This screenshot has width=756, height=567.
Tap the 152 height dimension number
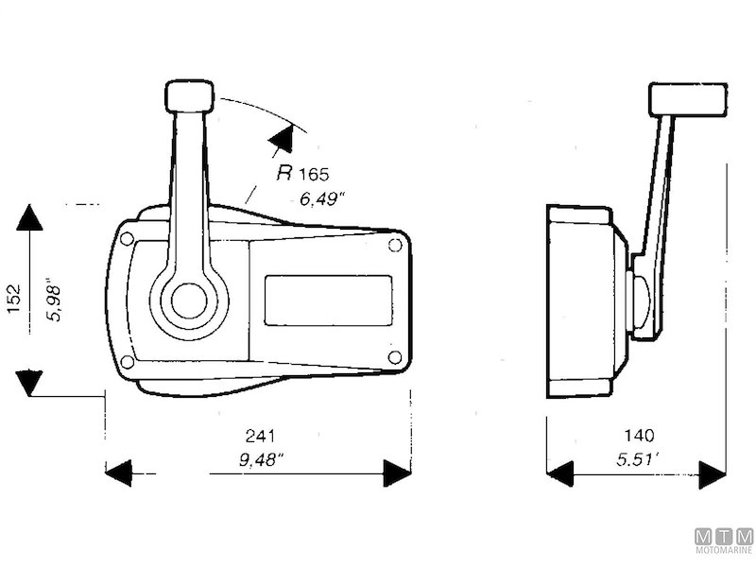pyautogui.click(x=14, y=301)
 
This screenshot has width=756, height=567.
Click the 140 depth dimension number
pyautogui.click(x=639, y=436)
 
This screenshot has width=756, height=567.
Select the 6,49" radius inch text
pyautogui.click(x=322, y=198)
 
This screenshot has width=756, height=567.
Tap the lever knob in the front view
pyautogui.click(x=190, y=95)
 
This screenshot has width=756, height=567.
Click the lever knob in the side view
pyautogui.click(x=687, y=98)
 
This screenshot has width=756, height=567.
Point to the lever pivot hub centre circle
pyautogui.click(x=189, y=301)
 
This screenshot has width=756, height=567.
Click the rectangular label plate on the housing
pyautogui.click(x=328, y=301)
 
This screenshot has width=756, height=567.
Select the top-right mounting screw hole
pyautogui.click(x=395, y=245)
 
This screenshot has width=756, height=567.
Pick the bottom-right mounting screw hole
pyautogui.click(x=395, y=357)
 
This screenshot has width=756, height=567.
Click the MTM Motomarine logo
pyautogui.click(x=724, y=541)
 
